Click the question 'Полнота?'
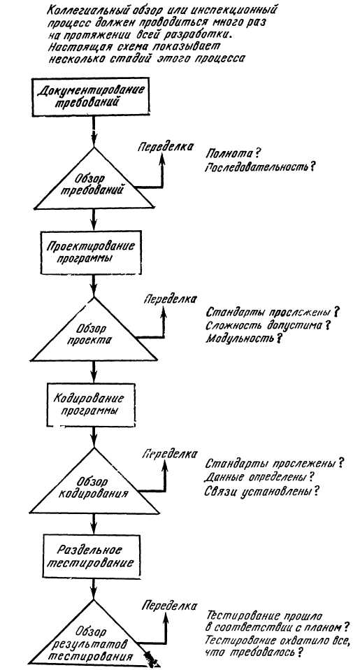pos(233,153)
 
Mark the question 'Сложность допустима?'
pos(269,326)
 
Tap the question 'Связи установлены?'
pos(262,492)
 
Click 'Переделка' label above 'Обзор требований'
pos(164,147)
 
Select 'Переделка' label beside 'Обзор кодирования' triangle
pos(170,454)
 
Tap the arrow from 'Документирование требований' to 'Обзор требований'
pos(94,131)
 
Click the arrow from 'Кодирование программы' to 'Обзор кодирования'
pos(94,437)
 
